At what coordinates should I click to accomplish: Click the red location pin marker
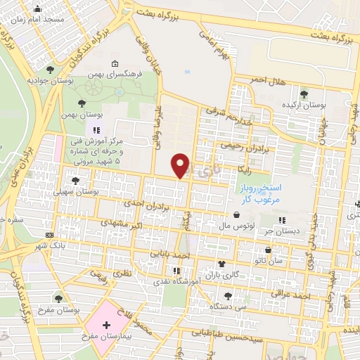pyautogui.click(x=181, y=165)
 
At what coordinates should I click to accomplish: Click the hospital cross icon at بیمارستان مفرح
pyautogui.click(x=106, y=326)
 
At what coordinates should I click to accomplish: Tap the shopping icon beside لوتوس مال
pyautogui.click(x=236, y=216)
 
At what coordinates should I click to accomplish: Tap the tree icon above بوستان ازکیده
pyautogui.click(x=304, y=93)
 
